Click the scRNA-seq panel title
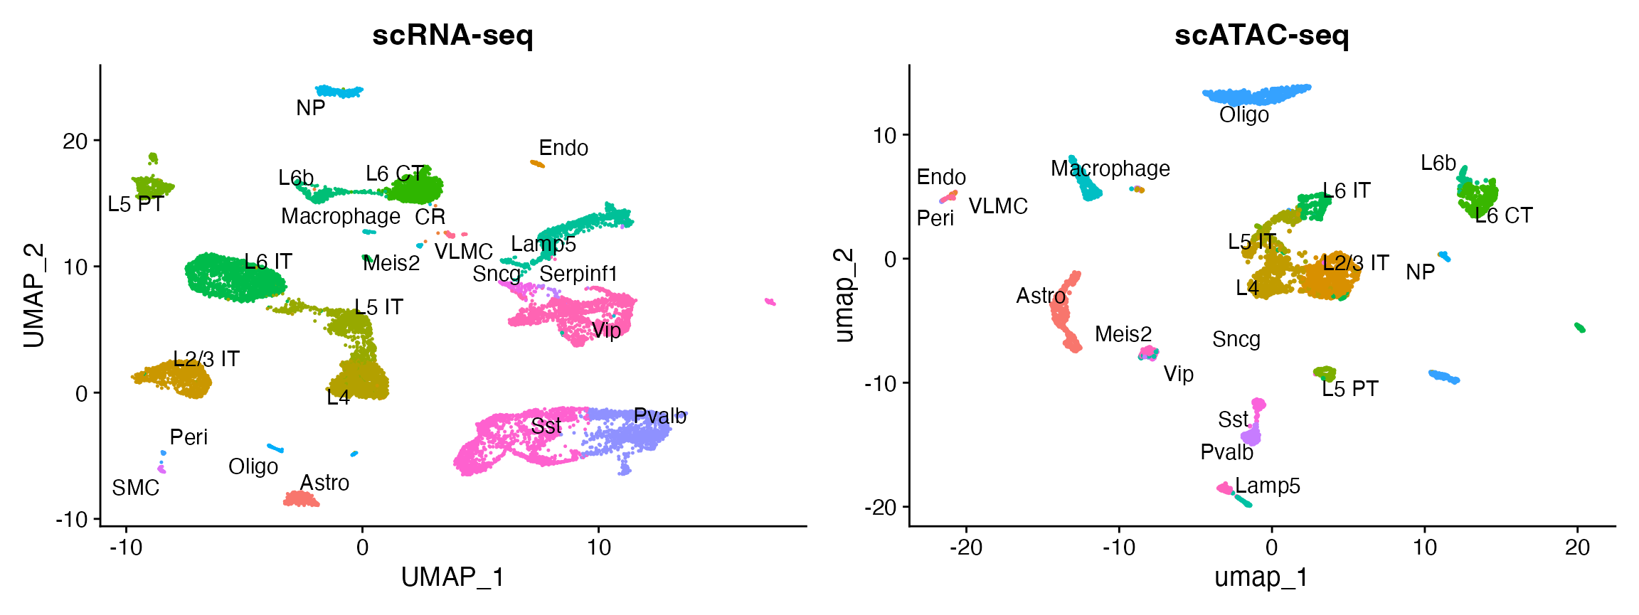(452, 35)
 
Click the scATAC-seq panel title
(1261, 35)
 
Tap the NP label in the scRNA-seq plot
(311, 108)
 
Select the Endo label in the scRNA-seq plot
(563, 148)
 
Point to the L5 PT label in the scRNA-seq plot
(136, 205)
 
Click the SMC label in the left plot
(136, 488)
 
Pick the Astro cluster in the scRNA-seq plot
(301, 500)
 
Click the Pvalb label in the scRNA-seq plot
(659, 417)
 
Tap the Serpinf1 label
(578, 274)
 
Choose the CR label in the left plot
(430, 217)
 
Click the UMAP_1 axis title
(452, 577)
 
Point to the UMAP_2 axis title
(34, 295)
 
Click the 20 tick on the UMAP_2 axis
(75, 141)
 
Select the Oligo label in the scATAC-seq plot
(1243, 115)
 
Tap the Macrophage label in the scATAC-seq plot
(1110, 169)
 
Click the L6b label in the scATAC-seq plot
(1438, 164)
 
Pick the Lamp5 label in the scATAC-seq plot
(1267, 486)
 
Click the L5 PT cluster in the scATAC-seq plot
(1324, 373)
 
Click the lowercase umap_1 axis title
(1261, 577)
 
